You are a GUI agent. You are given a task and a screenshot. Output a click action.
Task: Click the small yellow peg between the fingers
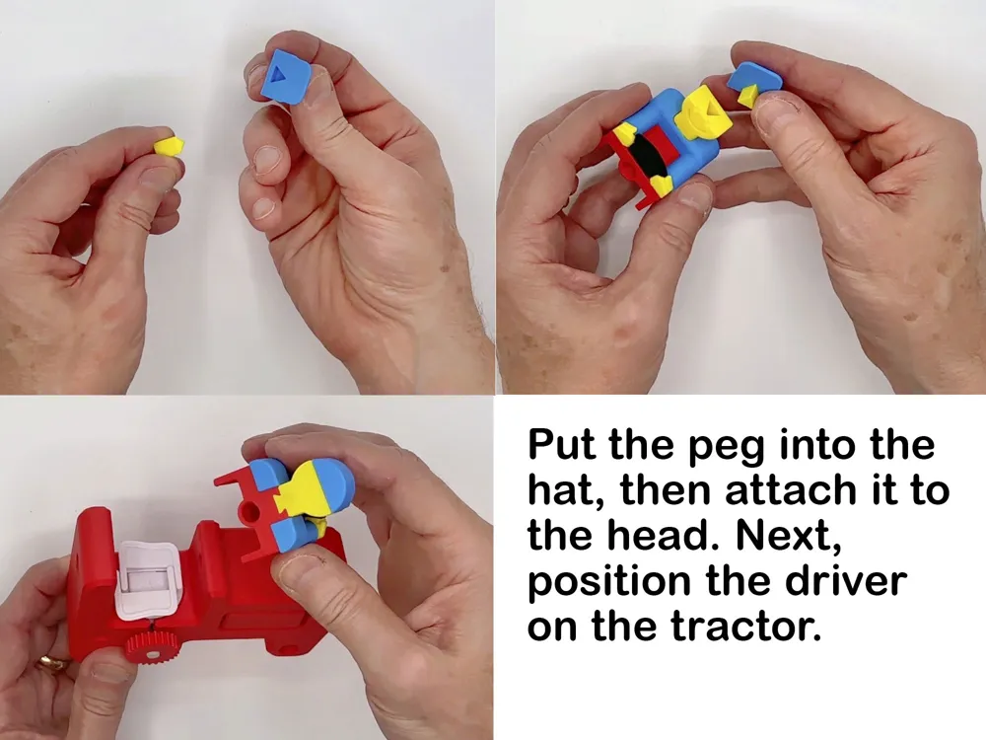point(170,146)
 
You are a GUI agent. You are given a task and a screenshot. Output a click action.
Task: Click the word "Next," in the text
point(787,536)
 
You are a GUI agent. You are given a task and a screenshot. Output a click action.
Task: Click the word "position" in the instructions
point(608,582)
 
